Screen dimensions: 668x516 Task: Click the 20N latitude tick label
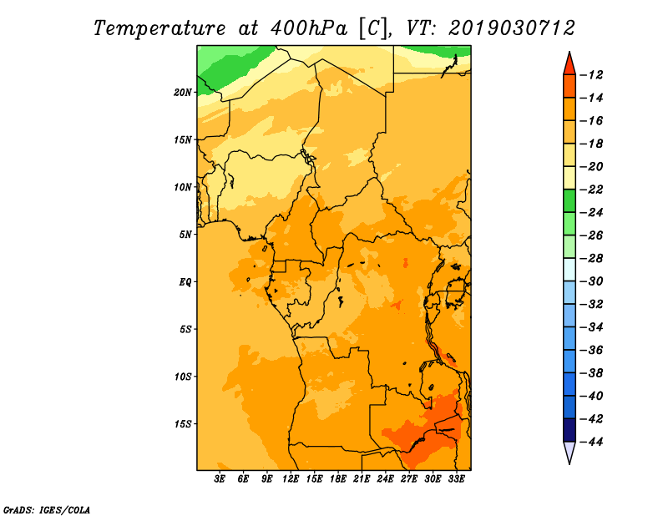tap(183, 93)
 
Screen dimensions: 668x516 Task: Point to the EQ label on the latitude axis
tap(185, 282)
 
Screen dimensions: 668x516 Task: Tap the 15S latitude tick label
tap(183, 424)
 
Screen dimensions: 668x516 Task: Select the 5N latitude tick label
tap(185, 235)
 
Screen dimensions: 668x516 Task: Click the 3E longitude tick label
tap(220, 478)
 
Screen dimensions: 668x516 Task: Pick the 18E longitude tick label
tap(338, 478)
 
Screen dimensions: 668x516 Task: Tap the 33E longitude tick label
tap(456, 478)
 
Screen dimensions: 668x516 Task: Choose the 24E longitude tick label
tap(385, 478)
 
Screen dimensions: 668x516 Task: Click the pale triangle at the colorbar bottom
tap(569, 451)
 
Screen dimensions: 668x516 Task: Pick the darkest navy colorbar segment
tap(569, 430)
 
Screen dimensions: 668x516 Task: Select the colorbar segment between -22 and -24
tap(569, 201)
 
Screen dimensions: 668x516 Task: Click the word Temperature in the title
tap(159, 28)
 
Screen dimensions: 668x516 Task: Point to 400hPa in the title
tap(309, 28)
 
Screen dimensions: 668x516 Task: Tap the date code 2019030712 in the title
tap(512, 28)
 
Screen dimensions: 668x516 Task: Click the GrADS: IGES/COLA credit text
tap(47, 510)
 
